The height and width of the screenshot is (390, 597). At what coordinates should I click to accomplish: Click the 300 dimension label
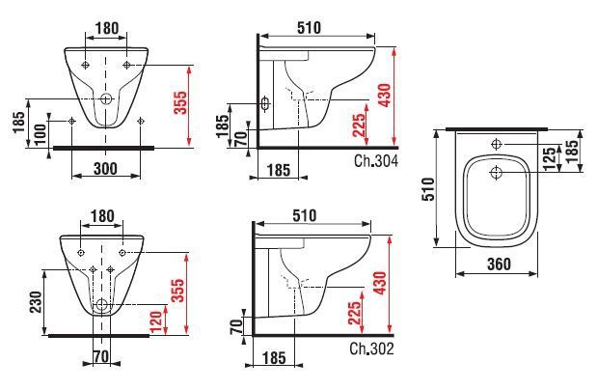(x=105, y=168)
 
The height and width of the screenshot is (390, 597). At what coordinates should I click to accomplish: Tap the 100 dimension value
(x=41, y=133)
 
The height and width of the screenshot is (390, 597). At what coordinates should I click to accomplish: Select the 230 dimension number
(x=36, y=302)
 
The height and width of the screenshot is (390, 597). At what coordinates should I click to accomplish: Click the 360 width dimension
(x=499, y=264)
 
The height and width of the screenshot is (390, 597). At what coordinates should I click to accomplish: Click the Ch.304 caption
(x=376, y=161)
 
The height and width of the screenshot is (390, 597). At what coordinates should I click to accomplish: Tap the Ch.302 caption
(x=371, y=348)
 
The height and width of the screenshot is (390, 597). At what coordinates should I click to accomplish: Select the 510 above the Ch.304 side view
(x=309, y=27)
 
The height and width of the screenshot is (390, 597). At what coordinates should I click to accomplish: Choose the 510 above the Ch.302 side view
(x=304, y=216)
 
